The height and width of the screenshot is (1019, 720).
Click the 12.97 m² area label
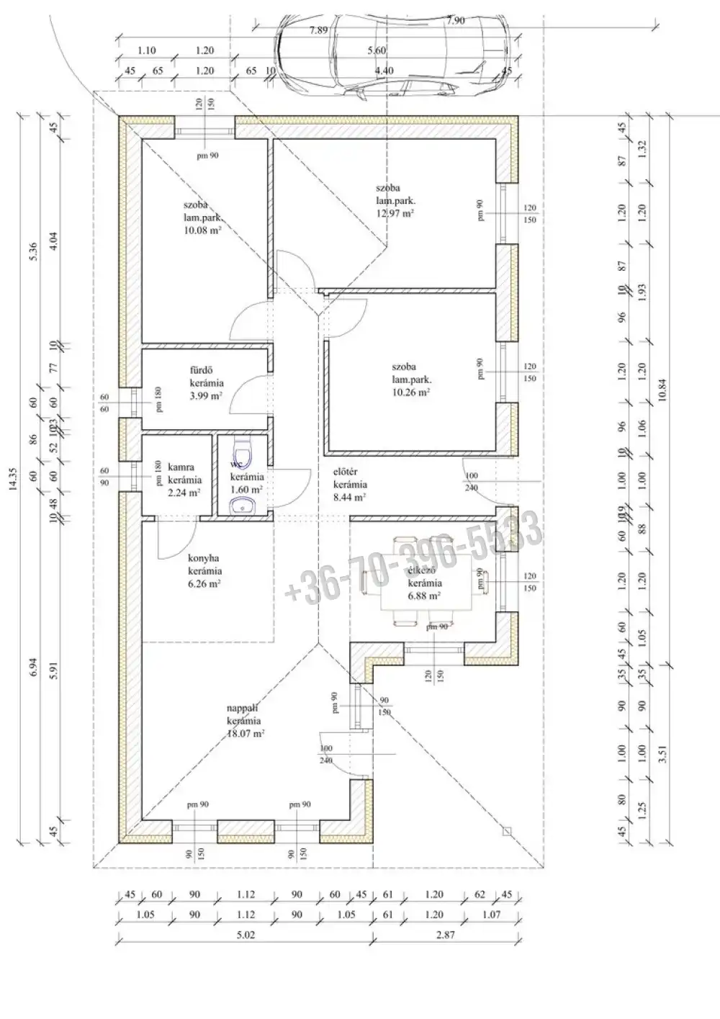click(394, 213)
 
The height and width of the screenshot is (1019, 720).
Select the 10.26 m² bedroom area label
click(411, 392)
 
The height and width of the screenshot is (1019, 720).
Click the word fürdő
click(201, 371)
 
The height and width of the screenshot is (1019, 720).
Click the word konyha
click(203, 558)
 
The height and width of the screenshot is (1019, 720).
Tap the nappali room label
click(243, 709)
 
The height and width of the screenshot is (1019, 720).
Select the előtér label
click(346, 472)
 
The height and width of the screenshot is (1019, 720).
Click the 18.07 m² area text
click(246, 733)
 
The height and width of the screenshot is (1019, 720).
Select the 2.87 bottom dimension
click(446, 935)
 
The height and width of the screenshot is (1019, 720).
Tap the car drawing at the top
click(392, 54)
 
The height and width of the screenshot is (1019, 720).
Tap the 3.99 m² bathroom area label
click(206, 396)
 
